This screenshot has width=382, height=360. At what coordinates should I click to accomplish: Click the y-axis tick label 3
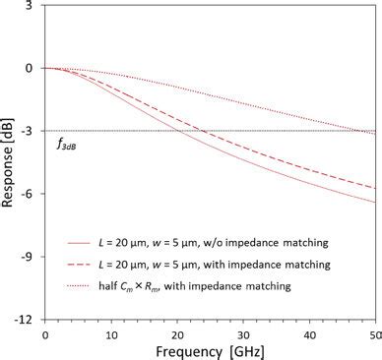(32, 6)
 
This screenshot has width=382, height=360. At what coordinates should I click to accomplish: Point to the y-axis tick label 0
(32, 69)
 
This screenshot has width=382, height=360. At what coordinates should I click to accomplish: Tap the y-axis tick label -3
(30, 132)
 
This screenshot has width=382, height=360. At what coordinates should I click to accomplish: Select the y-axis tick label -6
(30, 195)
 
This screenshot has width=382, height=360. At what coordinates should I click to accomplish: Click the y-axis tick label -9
(30, 258)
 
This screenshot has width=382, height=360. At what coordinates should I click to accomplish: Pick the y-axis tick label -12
(27, 321)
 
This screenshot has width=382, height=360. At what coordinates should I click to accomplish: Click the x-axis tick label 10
(111, 333)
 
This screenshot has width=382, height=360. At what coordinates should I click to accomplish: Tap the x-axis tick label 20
(178, 333)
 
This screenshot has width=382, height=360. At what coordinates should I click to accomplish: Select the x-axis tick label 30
(244, 333)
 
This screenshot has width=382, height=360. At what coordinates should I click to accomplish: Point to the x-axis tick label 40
(311, 333)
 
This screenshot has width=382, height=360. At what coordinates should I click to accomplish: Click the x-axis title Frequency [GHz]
(211, 351)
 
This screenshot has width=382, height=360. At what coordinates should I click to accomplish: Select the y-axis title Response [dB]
(9, 161)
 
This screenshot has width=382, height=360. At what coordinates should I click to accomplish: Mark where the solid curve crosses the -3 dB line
(177, 132)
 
